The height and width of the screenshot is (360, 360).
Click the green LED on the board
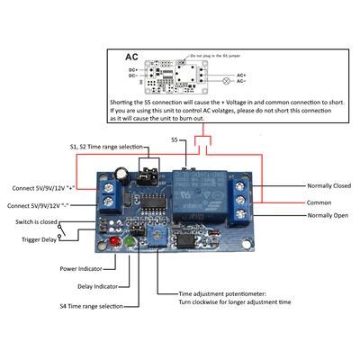click(130, 242)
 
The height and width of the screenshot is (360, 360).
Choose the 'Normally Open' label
click(327, 216)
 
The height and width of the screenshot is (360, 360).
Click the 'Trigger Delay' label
click(39, 239)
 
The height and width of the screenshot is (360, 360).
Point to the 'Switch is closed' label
click(37, 221)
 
